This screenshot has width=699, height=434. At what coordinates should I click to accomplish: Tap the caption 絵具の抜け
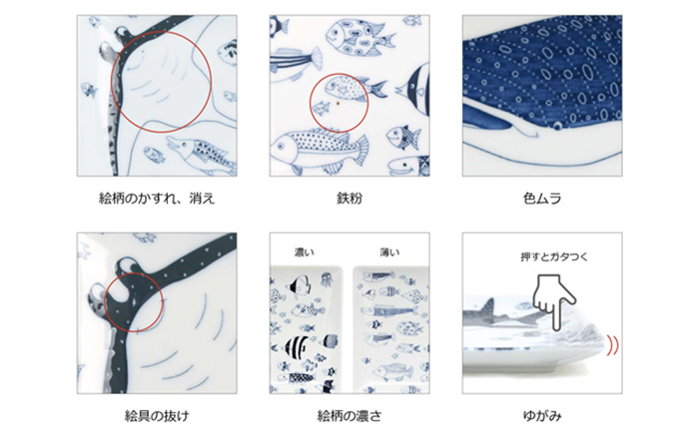tap(158, 413)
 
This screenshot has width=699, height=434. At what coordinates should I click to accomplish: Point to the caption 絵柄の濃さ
tap(349, 413)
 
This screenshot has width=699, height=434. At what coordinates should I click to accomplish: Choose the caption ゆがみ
tap(542, 413)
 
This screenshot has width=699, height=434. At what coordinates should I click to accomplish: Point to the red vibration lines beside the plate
tap(611, 344)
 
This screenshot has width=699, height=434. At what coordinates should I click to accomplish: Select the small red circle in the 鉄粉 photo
tap(336, 99)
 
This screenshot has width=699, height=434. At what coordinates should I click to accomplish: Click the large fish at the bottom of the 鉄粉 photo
tap(310, 148)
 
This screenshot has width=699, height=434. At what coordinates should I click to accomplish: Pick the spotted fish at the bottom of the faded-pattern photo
tap(200, 151)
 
